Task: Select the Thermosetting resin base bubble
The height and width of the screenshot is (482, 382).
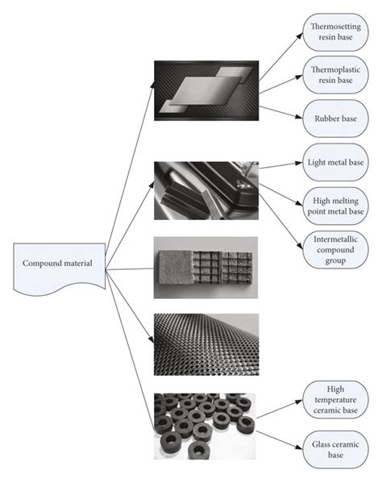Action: (x=335, y=32)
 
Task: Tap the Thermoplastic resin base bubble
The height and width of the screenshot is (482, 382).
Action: (x=335, y=75)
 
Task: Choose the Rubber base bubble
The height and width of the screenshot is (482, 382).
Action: (x=335, y=118)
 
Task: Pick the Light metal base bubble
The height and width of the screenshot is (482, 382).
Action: (x=335, y=162)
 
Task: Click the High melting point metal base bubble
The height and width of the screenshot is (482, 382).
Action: (x=335, y=206)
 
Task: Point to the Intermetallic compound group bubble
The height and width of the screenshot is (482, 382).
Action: (x=335, y=250)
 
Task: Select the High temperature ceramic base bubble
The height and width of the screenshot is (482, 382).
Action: (x=335, y=400)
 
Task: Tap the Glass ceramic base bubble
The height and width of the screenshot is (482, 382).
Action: (x=335, y=450)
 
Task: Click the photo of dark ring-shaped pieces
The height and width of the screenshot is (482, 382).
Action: (x=205, y=426)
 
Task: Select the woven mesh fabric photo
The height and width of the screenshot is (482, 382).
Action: (x=206, y=345)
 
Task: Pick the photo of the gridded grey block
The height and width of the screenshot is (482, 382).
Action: (x=206, y=268)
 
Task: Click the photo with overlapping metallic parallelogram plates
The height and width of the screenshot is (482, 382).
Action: (x=206, y=91)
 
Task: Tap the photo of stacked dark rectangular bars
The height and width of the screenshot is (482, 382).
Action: (x=206, y=190)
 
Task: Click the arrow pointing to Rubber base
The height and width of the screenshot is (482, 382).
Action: (x=280, y=112)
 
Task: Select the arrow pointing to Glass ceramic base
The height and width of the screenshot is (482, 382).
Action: (x=280, y=440)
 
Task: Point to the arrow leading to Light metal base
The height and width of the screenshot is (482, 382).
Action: (x=280, y=165)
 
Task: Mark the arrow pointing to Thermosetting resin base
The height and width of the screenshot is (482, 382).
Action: (x=280, y=57)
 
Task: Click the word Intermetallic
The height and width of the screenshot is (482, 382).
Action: (x=335, y=239)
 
